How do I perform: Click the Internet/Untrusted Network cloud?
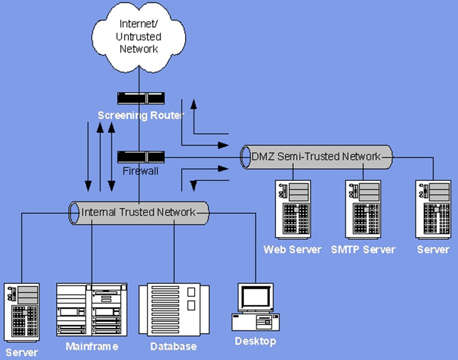click(x=138, y=36)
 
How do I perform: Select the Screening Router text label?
click(x=140, y=115)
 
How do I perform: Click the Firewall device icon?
click(x=140, y=157)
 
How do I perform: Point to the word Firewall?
click(x=140, y=171)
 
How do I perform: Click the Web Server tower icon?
click(x=292, y=209)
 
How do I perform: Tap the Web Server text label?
click(x=292, y=249)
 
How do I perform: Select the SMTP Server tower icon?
click(x=363, y=209)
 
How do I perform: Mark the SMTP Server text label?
click(x=363, y=249)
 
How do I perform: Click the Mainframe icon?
click(x=92, y=311)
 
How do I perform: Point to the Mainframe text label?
click(x=92, y=347)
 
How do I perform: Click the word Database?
click(x=173, y=347)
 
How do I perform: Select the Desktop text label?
click(x=255, y=342)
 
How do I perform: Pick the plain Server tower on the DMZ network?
click(x=433, y=209)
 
